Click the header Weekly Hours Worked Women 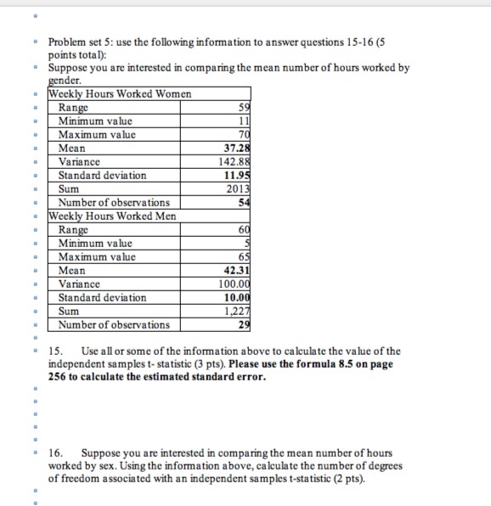click(121, 94)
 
